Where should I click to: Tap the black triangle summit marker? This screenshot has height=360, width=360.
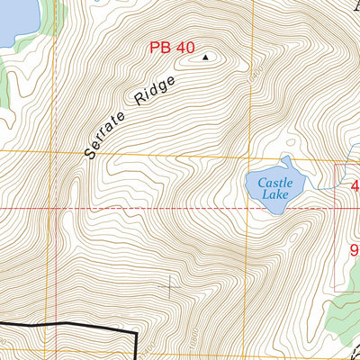205,58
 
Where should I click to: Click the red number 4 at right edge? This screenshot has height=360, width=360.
355,187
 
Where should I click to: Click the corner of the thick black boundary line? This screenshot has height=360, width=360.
136,333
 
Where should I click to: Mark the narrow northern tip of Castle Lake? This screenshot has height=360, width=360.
285,159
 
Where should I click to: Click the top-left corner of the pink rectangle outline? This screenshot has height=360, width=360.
335,166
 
